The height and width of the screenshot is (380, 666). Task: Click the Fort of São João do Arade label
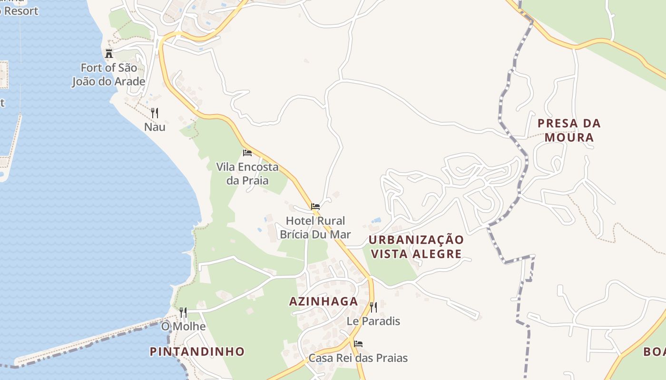(x=108, y=75)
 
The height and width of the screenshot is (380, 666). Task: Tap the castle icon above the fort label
(x=109, y=53)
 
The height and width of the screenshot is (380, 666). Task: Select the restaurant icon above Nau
(x=154, y=113)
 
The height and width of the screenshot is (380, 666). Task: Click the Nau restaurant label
(x=155, y=127)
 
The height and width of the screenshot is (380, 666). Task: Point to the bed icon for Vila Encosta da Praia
(x=247, y=153)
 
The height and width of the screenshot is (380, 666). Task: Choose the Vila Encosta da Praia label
(x=247, y=174)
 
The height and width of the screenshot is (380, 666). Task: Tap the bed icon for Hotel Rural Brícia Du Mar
(x=315, y=207)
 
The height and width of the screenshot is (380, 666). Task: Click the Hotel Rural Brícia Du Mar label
(x=315, y=228)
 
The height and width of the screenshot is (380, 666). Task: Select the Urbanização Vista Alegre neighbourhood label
(x=416, y=247)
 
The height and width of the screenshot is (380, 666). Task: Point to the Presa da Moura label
(x=569, y=131)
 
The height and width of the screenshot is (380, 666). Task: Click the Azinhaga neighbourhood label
(x=323, y=302)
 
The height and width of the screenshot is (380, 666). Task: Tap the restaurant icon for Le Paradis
(x=373, y=307)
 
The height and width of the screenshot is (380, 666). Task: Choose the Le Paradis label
(x=373, y=321)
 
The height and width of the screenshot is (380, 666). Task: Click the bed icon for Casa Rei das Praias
(x=358, y=344)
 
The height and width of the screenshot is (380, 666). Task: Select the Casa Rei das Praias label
(x=358, y=358)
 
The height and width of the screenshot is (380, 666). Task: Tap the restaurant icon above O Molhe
(x=183, y=313)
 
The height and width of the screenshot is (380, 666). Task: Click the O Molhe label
(x=183, y=327)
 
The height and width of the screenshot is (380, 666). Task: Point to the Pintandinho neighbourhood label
(x=197, y=352)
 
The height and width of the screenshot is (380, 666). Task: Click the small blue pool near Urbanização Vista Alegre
(x=377, y=220)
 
